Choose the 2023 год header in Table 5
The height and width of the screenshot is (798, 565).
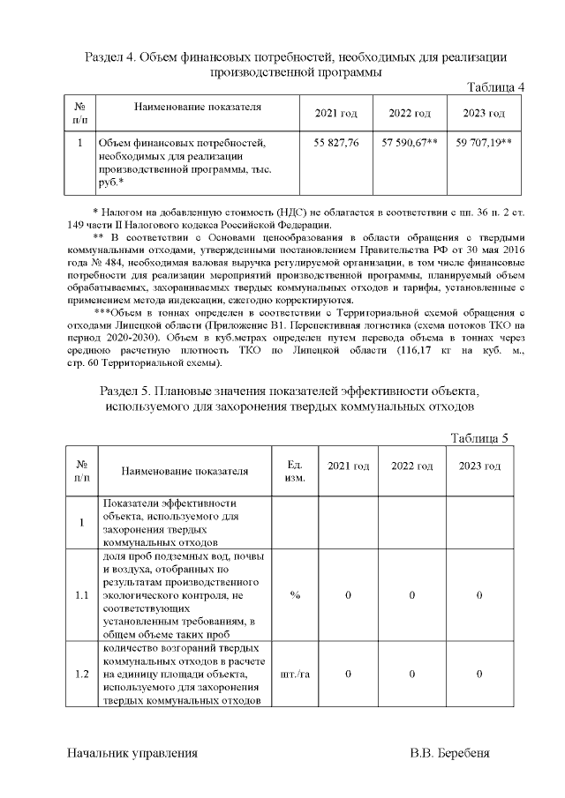479,466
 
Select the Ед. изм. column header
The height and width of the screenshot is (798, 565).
295,471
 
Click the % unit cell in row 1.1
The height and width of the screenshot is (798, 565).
295,595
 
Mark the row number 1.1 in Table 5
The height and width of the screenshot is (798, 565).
81,595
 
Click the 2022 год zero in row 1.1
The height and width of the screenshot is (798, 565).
412,595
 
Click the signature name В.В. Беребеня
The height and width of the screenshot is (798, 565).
449,754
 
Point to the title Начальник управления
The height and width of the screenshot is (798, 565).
132,754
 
